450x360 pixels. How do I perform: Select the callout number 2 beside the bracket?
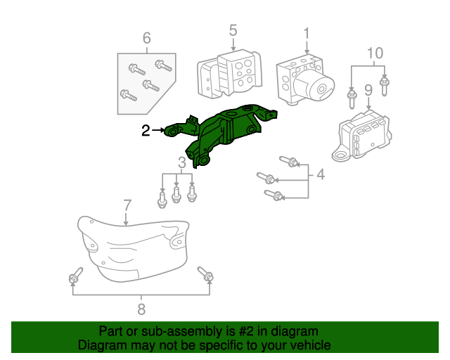tap(146, 130)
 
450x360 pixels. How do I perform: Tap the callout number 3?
tap(181, 164)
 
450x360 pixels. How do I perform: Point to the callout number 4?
tap(321, 174)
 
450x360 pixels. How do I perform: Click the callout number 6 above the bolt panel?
tap(147, 38)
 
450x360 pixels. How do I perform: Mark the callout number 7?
tap(127, 205)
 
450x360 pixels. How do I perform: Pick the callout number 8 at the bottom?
tap(141, 308)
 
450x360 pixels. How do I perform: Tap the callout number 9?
tap(367, 90)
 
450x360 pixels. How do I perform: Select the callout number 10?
tap(375, 53)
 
